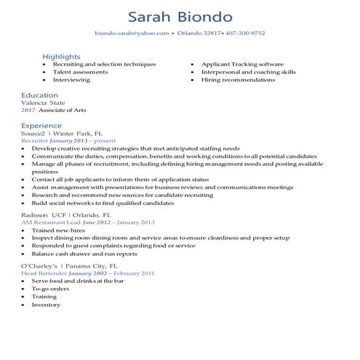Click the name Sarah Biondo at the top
(x=179, y=16)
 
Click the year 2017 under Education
(x=28, y=111)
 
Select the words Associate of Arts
(x=59, y=111)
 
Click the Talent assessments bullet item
(x=80, y=72)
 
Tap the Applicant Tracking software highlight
(x=242, y=64)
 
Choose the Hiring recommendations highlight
(x=238, y=80)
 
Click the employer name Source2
(x=33, y=133)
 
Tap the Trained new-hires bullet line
(x=57, y=231)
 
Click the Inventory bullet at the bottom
(x=46, y=304)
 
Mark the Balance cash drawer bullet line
(x=84, y=254)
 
